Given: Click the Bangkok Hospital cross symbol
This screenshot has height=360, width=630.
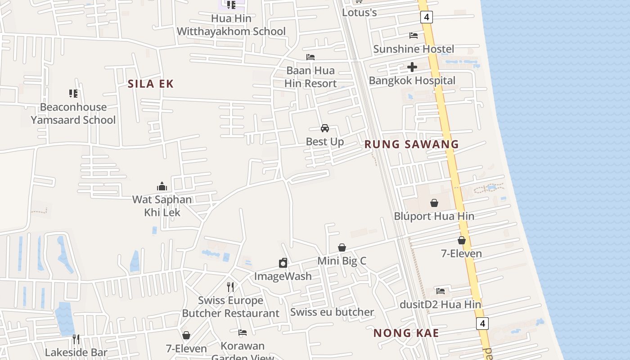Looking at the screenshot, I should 412,67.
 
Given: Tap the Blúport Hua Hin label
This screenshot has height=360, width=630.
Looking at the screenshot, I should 434,216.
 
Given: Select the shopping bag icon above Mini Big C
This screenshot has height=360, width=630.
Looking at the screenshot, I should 342,247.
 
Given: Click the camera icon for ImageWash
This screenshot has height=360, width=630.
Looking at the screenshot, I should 283,263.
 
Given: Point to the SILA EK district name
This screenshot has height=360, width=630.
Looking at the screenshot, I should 150,84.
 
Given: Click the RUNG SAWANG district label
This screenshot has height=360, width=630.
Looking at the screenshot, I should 411,144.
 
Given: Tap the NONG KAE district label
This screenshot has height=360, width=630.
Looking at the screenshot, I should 406,333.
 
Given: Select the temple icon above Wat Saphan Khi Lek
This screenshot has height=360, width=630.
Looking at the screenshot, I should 162,186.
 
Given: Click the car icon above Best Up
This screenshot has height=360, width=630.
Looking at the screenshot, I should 324,128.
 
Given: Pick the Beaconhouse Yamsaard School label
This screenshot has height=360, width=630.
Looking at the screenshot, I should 73,113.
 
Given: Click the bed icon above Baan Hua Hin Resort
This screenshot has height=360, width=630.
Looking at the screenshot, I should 310,57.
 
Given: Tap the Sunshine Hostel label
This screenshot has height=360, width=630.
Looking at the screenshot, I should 413,49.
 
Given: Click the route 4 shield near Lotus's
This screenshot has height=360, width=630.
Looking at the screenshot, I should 426,18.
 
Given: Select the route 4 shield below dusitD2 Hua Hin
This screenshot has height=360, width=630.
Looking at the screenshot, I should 482,323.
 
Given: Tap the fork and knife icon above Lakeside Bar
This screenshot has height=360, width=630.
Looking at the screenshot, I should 76,339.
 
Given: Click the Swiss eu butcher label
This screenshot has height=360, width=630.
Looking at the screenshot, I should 332,312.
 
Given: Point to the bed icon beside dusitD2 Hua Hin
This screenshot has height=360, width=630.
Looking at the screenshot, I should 441,291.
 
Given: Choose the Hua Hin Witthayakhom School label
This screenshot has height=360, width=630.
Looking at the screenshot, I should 231,25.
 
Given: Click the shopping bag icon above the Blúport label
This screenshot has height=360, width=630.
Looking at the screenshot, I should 434,203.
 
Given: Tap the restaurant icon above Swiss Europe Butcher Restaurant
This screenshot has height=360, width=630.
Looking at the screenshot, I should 230,287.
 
